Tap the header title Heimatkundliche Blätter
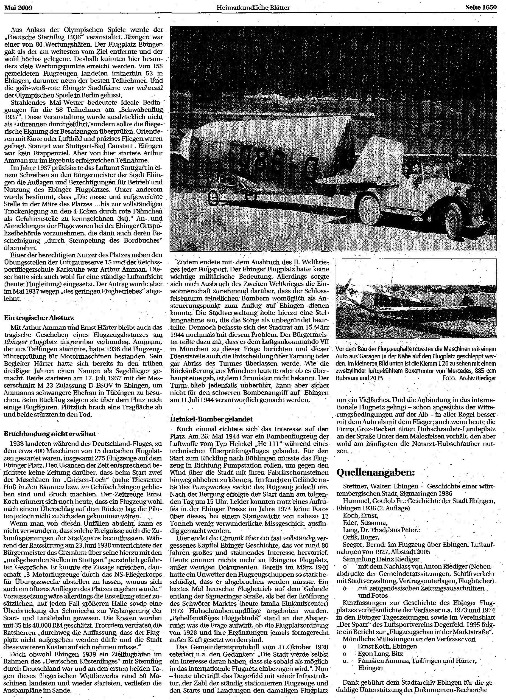coord(253,8)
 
